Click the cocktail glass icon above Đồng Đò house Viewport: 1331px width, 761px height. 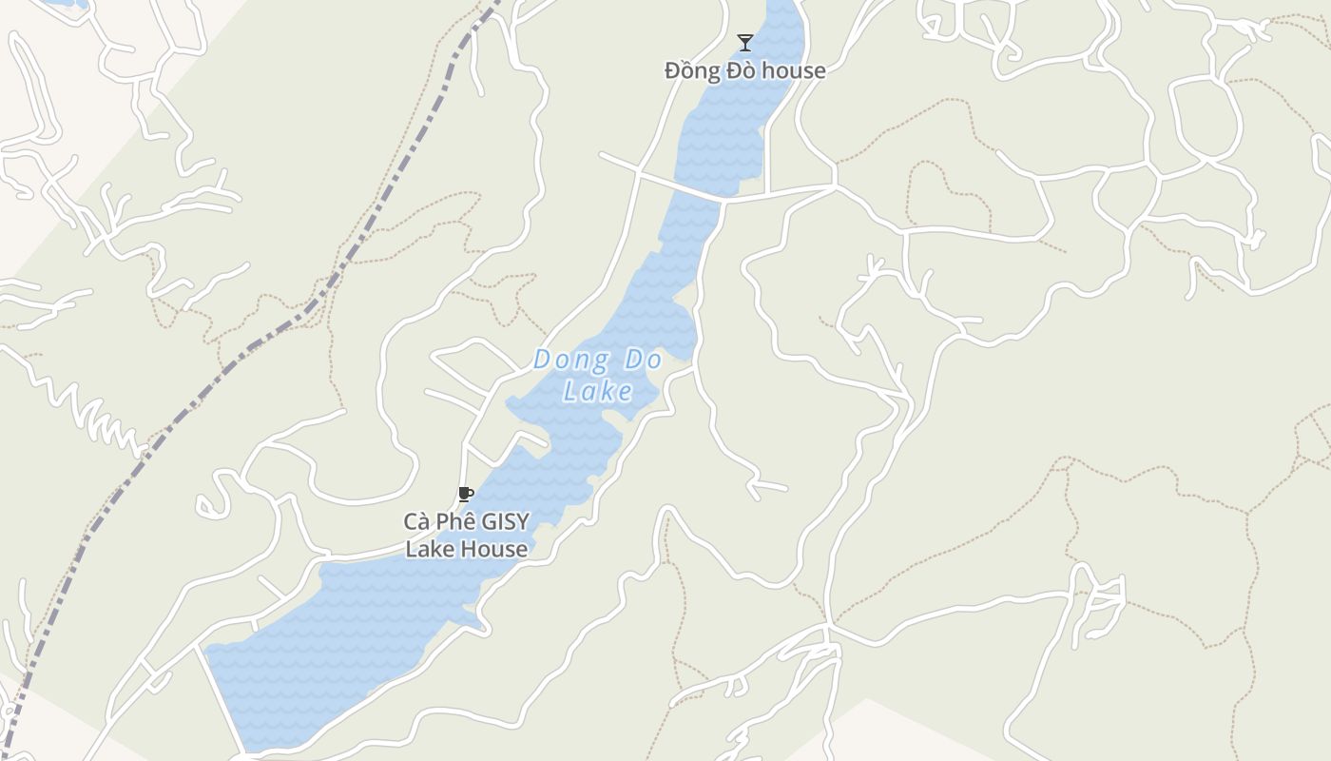click(745, 43)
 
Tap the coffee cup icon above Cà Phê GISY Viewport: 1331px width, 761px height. click(465, 494)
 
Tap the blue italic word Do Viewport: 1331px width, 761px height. click(644, 361)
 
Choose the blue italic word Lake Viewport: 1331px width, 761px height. click(598, 392)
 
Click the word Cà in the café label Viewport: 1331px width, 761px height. click(417, 521)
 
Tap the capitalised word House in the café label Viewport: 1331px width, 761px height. click(492, 549)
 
